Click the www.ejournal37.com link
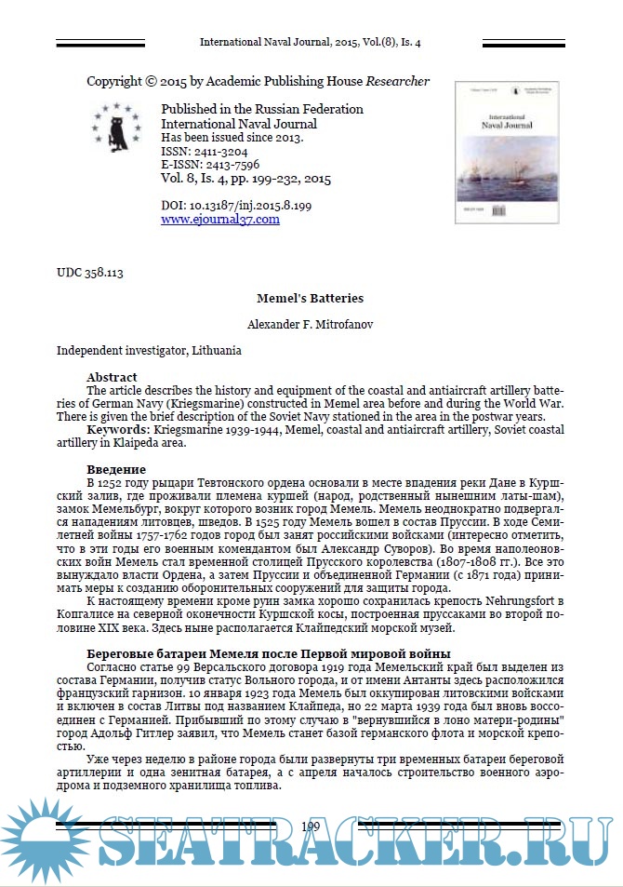click(219, 220)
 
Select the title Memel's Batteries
click(311, 299)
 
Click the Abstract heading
click(112, 377)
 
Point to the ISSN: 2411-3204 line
click(205, 151)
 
